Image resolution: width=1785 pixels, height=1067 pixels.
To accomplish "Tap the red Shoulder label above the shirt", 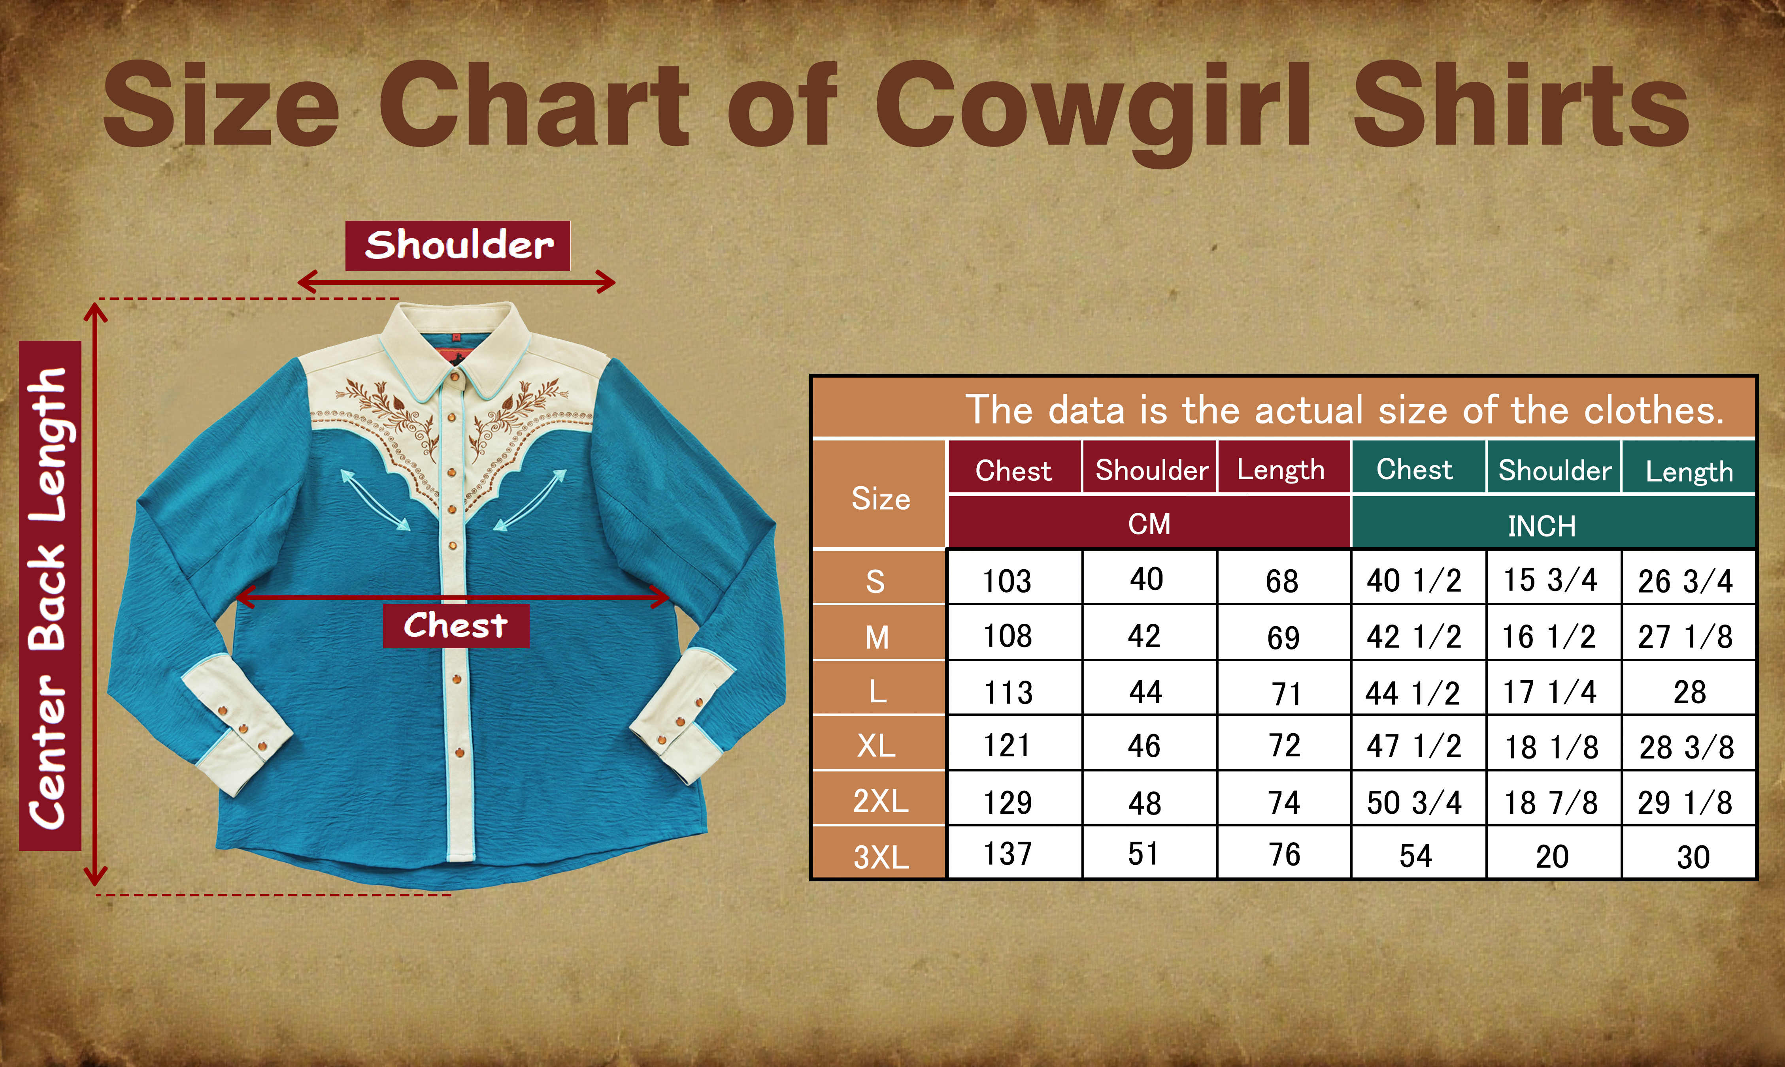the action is coord(458,246).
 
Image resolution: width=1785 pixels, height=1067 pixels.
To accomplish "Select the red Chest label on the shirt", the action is coord(456,625).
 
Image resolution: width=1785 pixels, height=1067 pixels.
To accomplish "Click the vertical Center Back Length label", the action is coord(50,595).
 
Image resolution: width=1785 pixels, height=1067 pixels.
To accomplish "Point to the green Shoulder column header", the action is coord(1554,470).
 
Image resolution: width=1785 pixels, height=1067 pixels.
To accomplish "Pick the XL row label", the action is coord(876,745).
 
